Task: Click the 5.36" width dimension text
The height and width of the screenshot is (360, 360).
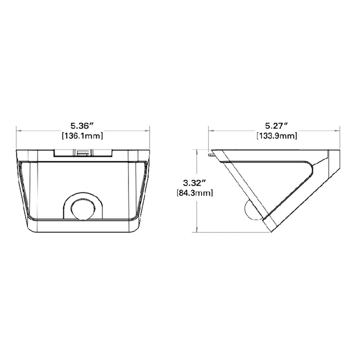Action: (x=82, y=125)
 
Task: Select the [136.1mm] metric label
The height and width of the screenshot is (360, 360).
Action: (x=82, y=136)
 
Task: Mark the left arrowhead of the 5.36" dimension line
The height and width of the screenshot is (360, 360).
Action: (x=19, y=131)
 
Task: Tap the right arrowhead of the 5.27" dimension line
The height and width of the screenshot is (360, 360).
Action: (x=342, y=131)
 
